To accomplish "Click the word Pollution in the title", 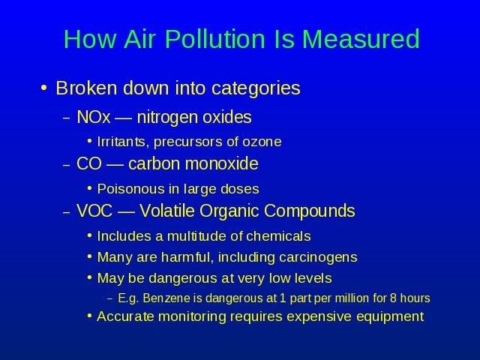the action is point(215,39).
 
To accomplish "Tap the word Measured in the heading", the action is point(361,39).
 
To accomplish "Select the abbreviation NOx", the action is point(93,117).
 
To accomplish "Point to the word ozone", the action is point(262,142).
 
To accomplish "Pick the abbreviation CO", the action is point(89,163).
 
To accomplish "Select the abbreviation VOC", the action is point(94,211).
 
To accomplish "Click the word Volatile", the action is point(167,211).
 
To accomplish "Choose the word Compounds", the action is point(309,211).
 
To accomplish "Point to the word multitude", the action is point(197,236).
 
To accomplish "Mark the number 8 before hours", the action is point(393,298).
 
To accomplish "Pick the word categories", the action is point(256,89).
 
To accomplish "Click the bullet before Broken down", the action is point(44,88).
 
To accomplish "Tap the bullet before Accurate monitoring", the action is point(89,316).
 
